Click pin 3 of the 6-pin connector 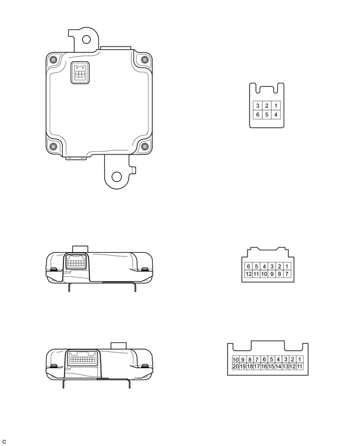257,106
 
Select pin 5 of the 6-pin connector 267,115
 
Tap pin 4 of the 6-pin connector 276,115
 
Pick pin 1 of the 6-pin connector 276,106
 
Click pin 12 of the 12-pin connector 249,274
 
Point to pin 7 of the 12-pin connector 287,274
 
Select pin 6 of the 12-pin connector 249,266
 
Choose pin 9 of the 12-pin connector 272,274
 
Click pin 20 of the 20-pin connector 236,366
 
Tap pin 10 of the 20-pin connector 236,360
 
